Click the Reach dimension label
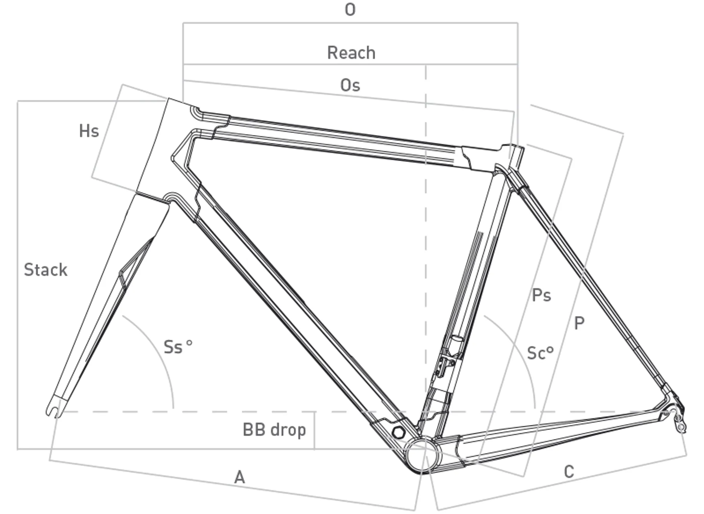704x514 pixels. click(x=351, y=53)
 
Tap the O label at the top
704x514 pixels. click(x=350, y=10)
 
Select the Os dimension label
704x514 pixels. click(x=350, y=85)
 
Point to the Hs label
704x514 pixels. click(x=89, y=131)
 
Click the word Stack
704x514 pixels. click(x=46, y=270)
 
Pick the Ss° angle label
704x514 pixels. click(x=178, y=347)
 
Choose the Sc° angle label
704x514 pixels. click(x=540, y=353)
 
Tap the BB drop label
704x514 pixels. click(x=274, y=430)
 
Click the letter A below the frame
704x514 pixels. click(x=239, y=477)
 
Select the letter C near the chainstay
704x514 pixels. click(x=569, y=472)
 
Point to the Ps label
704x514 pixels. click(x=541, y=295)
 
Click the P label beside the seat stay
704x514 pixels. click(x=579, y=323)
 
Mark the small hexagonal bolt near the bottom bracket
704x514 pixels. click(x=398, y=432)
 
